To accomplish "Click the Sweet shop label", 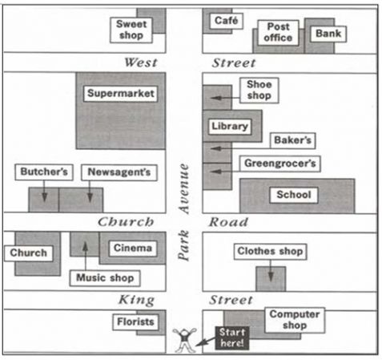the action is [x=131, y=30].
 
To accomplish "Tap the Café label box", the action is [x=227, y=21].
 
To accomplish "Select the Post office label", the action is [x=278, y=32].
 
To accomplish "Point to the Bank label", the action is [x=328, y=34].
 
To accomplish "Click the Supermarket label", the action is [x=121, y=94].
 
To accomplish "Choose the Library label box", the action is [x=230, y=127].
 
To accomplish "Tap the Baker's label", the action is [x=292, y=140].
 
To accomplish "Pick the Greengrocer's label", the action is [x=280, y=164].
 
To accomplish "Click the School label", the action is [x=294, y=195].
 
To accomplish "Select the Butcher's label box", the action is [x=44, y=172].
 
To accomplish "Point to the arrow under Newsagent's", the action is [x=90, y=192].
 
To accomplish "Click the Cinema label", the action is [x=133, y=249].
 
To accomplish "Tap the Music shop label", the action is [x=105, y=278].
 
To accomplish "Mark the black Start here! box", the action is [x=232, y=338].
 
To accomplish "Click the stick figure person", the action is [x=185, y=341].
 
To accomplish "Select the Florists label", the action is [x=135, y=322].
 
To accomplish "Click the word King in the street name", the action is [x=136, y=300].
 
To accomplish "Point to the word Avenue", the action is [x=184, y=188].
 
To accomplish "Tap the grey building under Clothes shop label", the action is [x=271, y=278].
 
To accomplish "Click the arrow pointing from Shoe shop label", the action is [x=225, y=98].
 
